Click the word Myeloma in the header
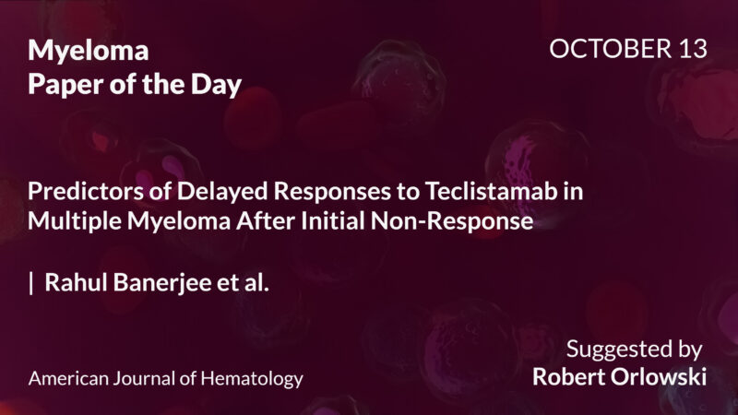[89, 51]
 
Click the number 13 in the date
[691, 50]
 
